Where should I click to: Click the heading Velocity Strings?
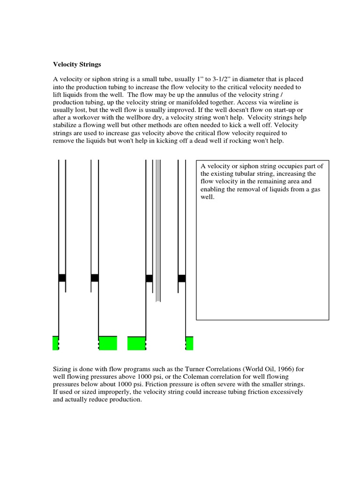[76, 64]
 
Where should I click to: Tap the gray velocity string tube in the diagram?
[158, 230]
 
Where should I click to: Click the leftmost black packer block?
[62, 277]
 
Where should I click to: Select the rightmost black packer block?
[182, 278]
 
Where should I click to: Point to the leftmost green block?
[55, 343]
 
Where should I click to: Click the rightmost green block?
[189, 343]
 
